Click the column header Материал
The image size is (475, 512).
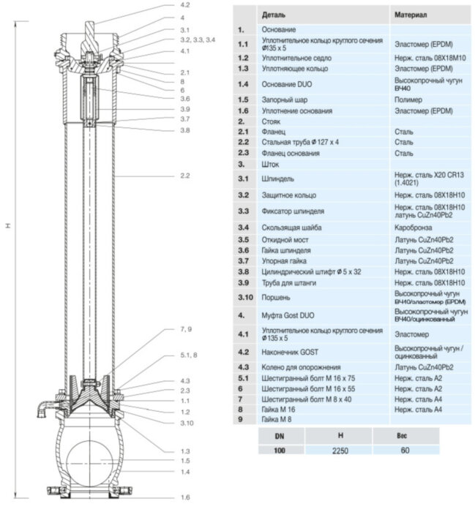pyautogui.click(x=412, y=14)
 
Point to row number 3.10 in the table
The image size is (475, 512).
pyautogui.click(x=244, y=298)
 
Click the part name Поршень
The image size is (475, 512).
pyautogui.click(x=275, y=298)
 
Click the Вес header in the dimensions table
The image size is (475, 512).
pyautogui.click(x=405, y=435)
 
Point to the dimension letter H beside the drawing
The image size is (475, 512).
pyautogui.click(x=8, y=225)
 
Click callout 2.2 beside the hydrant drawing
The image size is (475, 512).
pyautogui.click(x=184, y=176)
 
